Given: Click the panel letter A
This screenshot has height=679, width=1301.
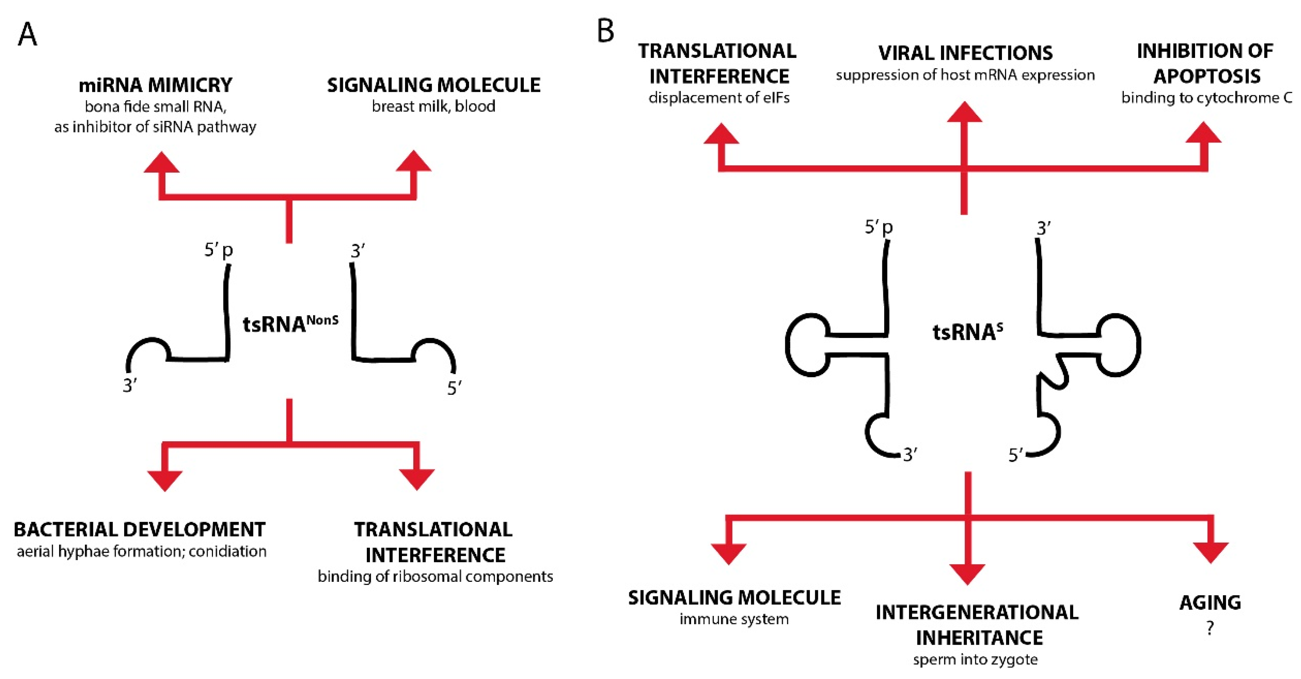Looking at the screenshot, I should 27,34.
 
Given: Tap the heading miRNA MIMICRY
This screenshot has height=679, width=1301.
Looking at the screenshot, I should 155,85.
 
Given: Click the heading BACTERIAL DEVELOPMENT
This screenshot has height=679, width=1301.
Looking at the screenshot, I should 139,530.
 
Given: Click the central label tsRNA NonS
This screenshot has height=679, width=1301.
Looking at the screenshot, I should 290,323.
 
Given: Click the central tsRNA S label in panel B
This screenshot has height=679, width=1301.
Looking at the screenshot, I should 967,332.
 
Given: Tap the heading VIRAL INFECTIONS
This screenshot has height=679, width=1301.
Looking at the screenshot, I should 965,53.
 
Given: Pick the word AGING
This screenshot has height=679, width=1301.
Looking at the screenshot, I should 1210,602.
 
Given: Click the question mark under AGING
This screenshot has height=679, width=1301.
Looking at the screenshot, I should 1210,628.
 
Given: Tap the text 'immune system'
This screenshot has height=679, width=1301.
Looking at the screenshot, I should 734,619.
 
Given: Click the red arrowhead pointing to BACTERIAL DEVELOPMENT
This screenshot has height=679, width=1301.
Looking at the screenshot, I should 165,480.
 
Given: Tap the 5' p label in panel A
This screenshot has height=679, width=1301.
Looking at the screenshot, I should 218,250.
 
